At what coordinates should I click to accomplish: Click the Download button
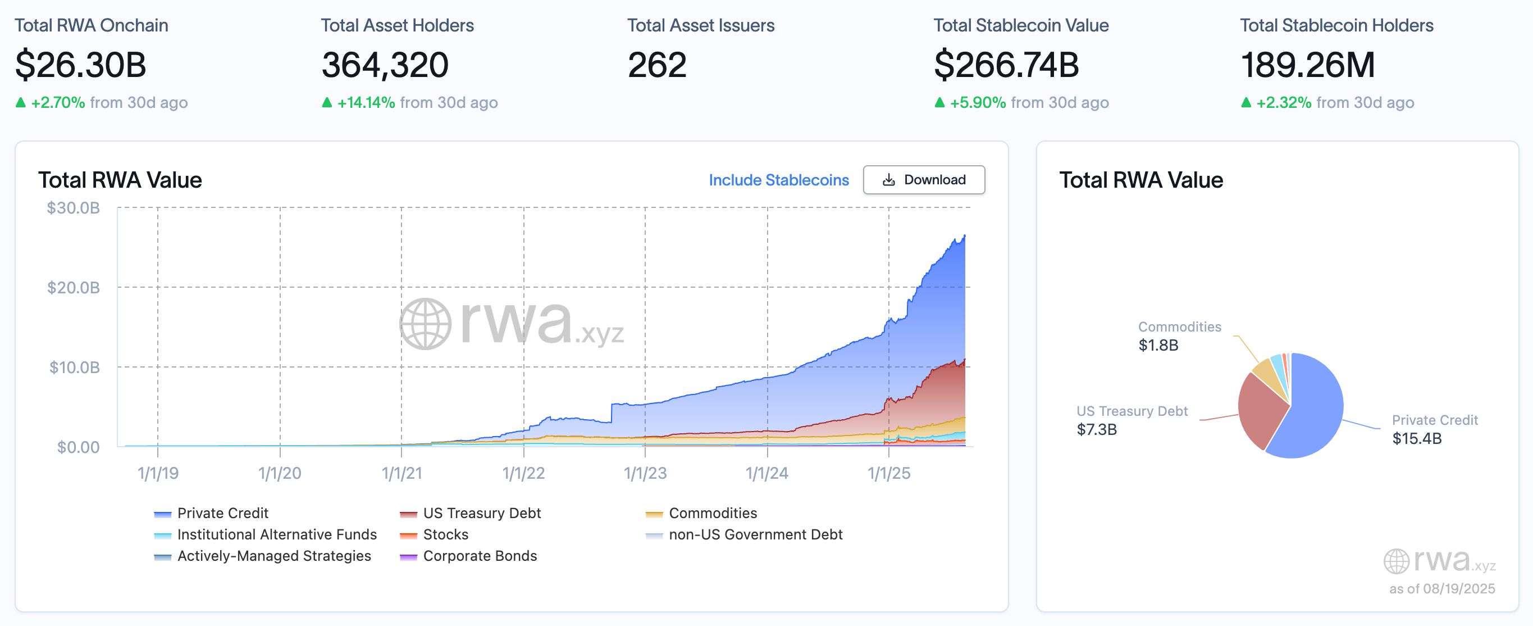click(x=924, y=180)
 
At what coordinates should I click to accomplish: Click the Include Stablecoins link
click(x=778, y=180)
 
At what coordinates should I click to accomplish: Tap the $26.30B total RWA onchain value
click(x=80, y=65)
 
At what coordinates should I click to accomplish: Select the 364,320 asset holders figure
click(x=385, y=65)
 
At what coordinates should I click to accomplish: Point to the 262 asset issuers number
click(x=656, y=65)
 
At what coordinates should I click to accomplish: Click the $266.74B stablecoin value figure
click(x=1006, y=65)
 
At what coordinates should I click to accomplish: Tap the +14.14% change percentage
click(x=366, y=102)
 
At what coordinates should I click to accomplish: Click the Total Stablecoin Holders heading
click(x=1336, y=26)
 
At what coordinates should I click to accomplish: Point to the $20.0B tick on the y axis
click(x=73, y=288)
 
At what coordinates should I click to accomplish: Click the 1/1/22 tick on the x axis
click(x=523, y=473)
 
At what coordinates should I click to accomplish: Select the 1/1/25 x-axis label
click(x=888, y=473)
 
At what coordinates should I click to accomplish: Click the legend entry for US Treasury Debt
click(x=481, y=513)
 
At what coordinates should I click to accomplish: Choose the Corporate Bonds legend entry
click(x=479, y=556)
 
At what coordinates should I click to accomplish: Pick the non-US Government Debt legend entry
click(x=755, y=534)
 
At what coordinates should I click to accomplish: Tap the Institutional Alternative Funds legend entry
click(x=277, y=534)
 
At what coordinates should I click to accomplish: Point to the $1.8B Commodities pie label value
click(x=1157, y=345)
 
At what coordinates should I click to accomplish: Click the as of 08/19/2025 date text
click(x=1441, y=588)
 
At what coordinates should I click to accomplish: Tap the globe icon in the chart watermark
click(x=425, y=324)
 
